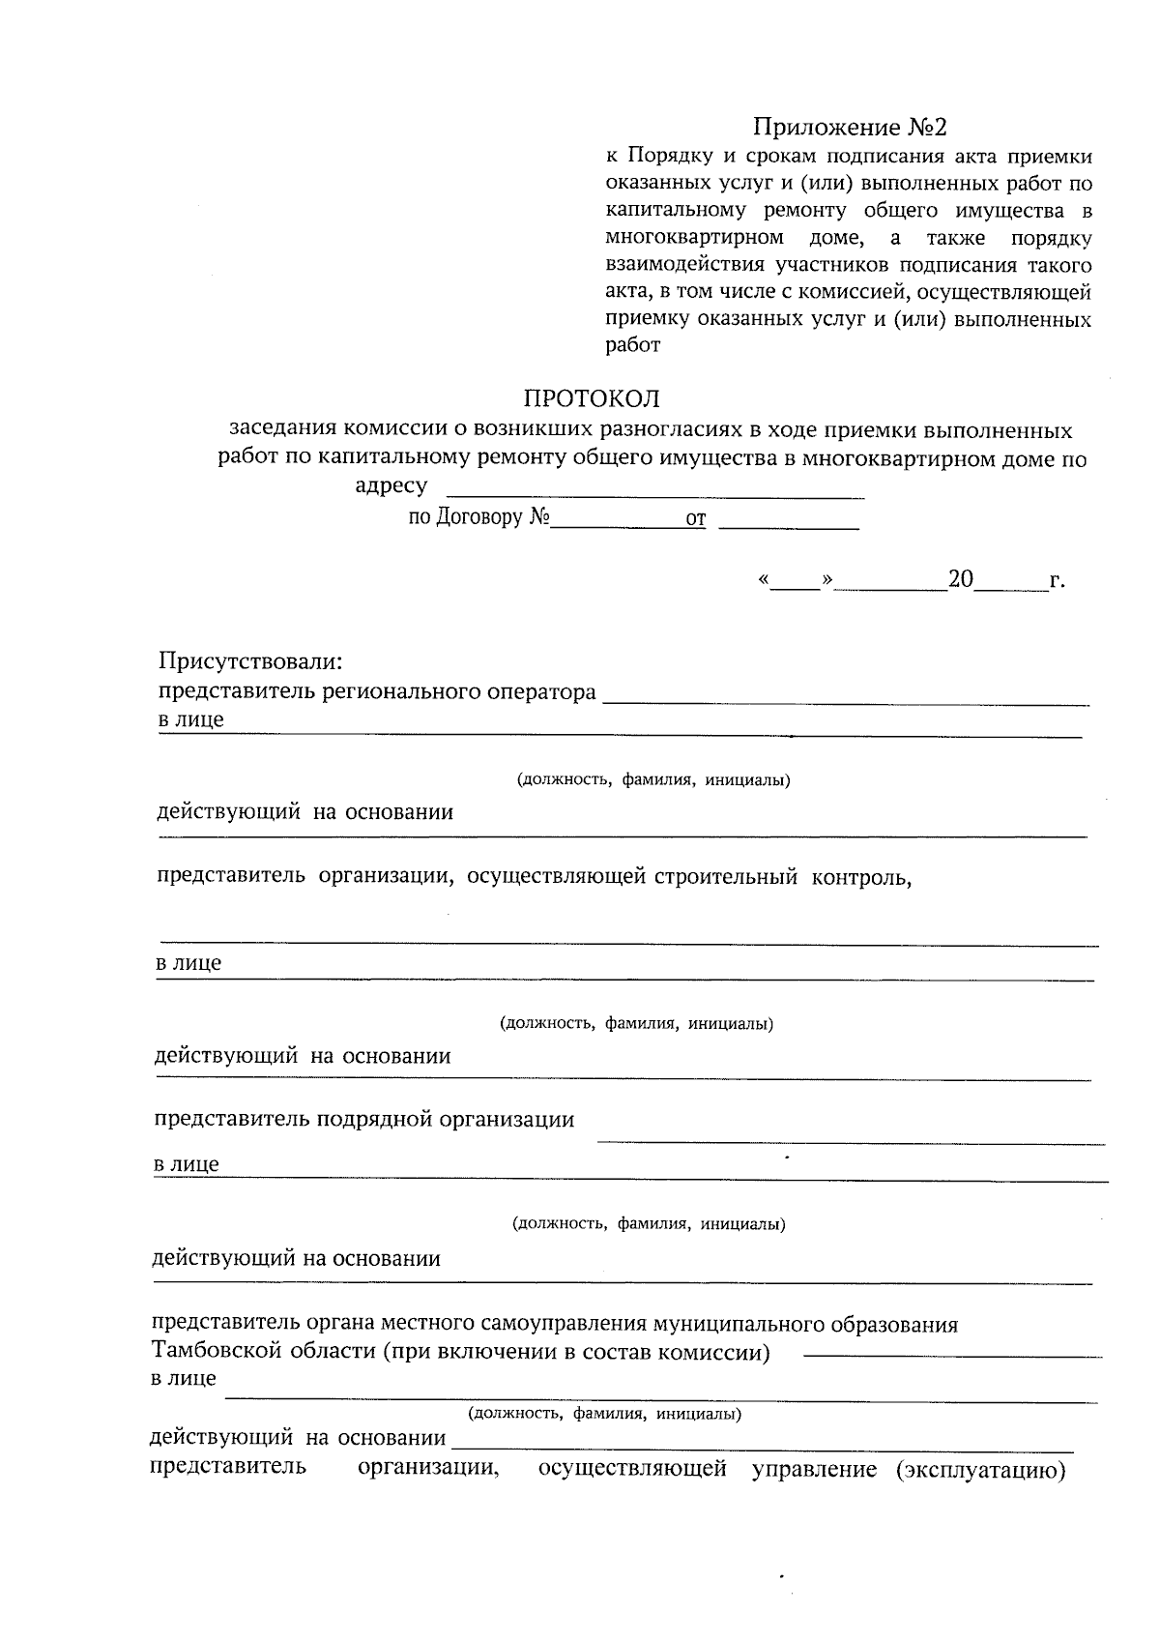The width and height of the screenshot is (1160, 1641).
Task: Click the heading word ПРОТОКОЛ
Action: pos(591,398)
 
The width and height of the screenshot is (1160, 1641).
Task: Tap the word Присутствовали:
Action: pos(251,662)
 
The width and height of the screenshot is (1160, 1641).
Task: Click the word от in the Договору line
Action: pos(695,520)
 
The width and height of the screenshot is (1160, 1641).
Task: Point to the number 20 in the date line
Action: pos(960,579)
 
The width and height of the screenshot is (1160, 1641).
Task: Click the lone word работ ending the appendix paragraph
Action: pos(632,345)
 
